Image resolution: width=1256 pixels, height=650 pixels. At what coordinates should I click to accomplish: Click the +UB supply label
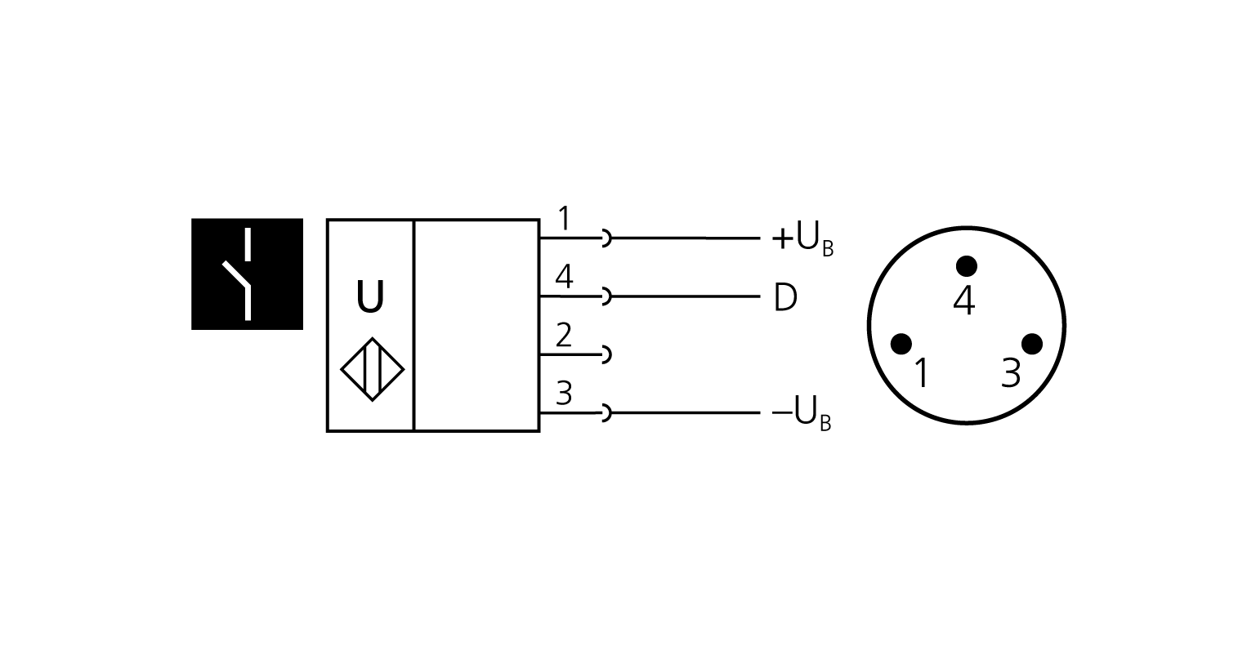802,239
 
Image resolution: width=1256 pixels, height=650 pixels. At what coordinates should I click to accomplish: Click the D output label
784,298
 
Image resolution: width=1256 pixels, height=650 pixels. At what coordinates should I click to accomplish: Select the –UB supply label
802,414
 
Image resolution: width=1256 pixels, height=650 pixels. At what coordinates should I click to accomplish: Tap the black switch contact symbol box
247,274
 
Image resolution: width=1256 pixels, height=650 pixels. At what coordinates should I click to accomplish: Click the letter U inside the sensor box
370,298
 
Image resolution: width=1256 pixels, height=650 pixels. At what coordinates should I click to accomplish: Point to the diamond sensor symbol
372,369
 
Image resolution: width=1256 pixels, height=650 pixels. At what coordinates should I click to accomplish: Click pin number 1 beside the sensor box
564,220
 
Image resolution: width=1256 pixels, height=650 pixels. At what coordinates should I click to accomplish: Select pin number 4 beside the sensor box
564,278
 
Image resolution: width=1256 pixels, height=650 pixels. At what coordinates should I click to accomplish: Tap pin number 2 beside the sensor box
564,336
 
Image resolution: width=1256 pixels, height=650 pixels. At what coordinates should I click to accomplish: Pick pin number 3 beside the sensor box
564,394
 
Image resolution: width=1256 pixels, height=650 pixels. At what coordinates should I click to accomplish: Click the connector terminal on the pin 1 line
606,238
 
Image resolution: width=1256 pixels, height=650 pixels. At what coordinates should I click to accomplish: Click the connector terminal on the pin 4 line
606,296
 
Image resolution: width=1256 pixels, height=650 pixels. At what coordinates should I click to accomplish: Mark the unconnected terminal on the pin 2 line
606,354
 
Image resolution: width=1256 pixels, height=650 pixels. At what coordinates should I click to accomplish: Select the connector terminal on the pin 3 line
606,413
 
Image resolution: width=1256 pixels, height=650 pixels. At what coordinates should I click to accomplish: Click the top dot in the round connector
967,266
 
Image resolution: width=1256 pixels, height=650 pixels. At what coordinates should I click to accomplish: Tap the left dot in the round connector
901,344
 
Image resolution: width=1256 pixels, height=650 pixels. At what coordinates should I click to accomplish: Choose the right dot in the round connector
1032,344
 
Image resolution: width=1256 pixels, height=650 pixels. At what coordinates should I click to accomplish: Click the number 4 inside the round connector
964,301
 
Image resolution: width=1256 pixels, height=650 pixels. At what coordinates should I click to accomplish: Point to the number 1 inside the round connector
921,374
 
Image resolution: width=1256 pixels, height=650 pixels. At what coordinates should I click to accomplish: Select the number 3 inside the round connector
1011,374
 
